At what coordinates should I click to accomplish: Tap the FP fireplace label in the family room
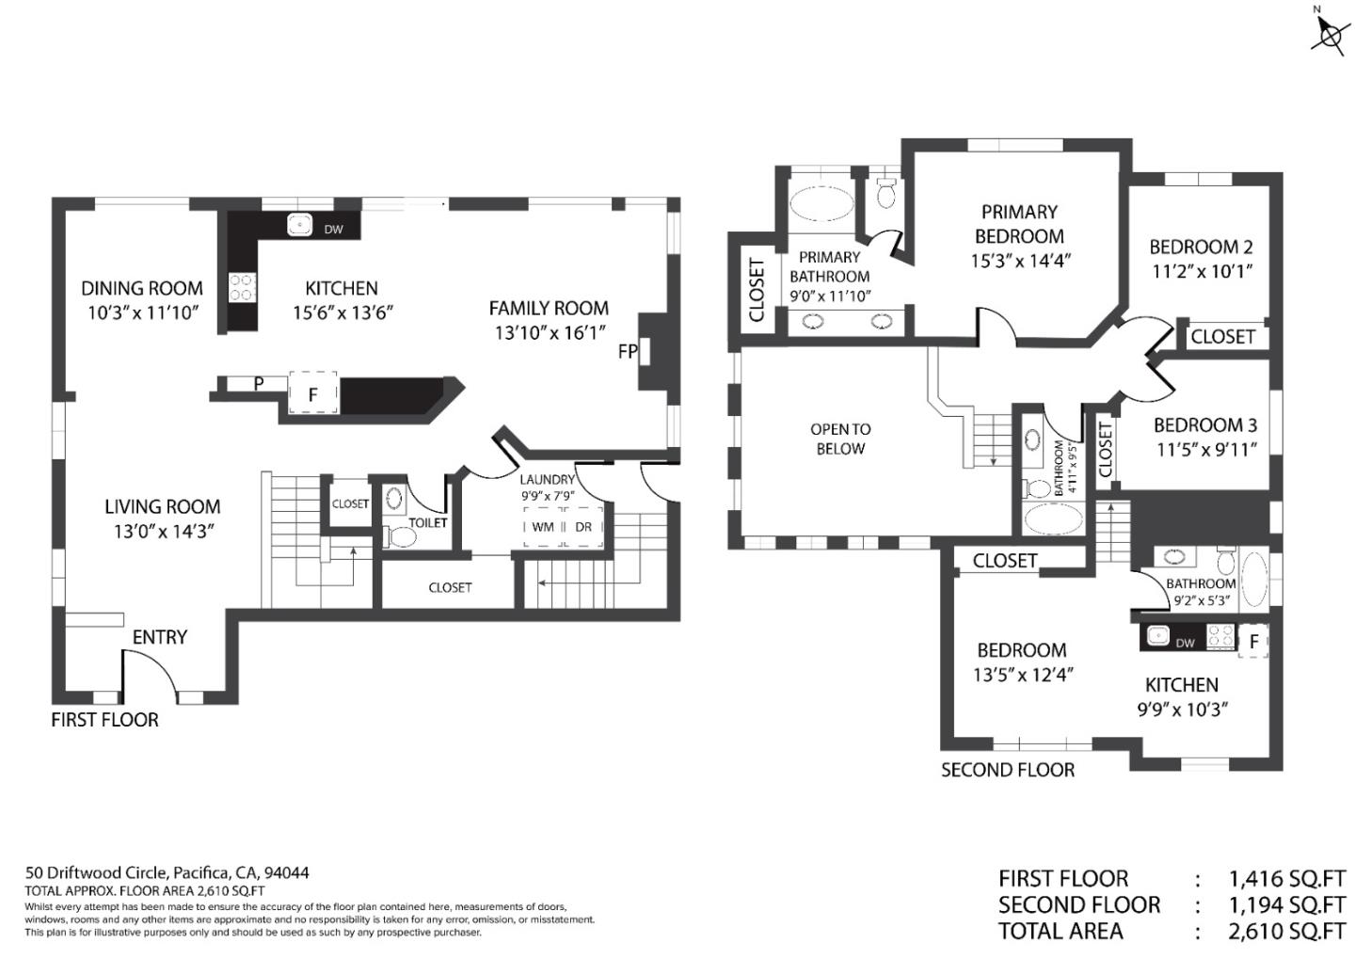click(x=628, y=351)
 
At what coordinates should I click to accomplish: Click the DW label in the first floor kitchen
click(x=333, y=230)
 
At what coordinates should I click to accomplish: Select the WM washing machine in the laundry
click(x=543, y=527)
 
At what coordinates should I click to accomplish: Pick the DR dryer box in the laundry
click(x=583, y=527)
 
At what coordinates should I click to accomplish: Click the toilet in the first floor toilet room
click(x=400, y=536)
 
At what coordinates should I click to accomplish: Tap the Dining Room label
click(x=142, y=288)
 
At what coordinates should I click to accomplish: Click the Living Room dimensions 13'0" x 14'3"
click(x=165, y=531)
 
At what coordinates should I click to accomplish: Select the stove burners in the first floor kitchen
click(x=242, y=287)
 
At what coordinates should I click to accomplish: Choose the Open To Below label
click(x=840, y=439)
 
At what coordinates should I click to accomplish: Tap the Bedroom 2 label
click(x=1201, y=247)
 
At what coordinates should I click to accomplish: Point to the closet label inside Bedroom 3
click(x=1105, y=450)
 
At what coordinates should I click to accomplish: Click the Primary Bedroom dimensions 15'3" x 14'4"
click(x=1021, y=261)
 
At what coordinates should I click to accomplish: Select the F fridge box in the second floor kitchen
click(x=1253, y=641)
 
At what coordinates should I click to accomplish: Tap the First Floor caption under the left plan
click(x=104, y=720)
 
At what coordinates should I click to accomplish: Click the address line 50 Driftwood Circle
click(x=167, y=872)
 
